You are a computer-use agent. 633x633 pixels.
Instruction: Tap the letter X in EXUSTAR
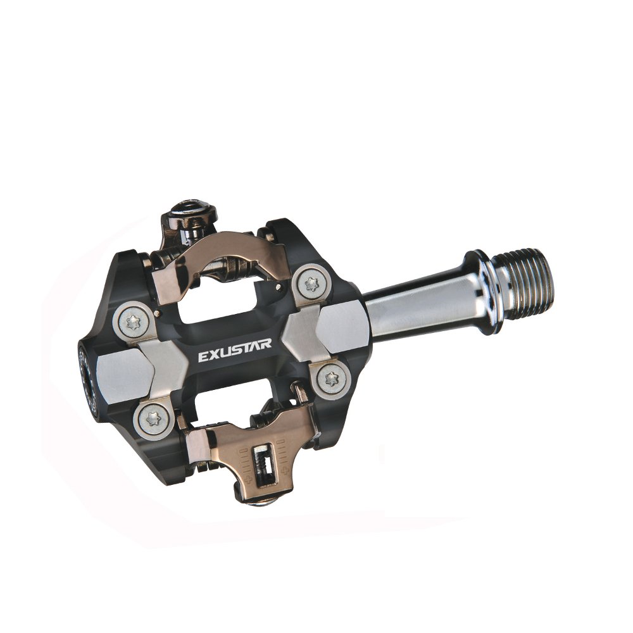(x=212, y=356)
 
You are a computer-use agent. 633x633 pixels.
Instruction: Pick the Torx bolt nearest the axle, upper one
(x=311, y=282)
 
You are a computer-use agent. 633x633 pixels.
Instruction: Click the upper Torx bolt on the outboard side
(x=133, y=322)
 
